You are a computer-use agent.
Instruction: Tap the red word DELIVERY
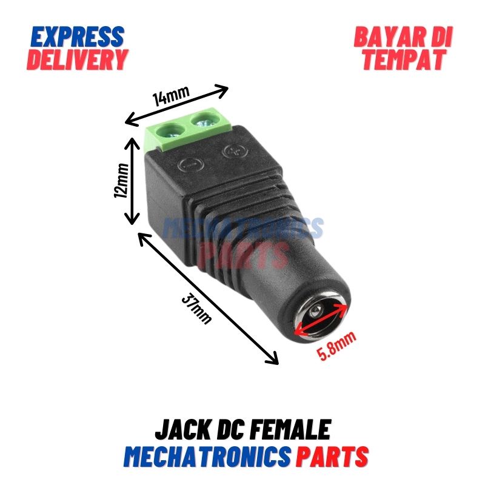pyautogui.click(x=78, y=59)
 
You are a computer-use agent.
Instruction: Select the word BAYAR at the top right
pyautogui.click(x=390, y=37)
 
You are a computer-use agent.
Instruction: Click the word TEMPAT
pyautogui.click(x=404, y=59)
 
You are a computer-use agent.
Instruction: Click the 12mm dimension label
pyautogui.click(x=121, y=181)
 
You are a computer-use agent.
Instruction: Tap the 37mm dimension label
pyautogui.click(x=196, y=308)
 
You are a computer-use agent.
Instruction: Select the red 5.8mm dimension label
pyautogui.click(x=337, y=346)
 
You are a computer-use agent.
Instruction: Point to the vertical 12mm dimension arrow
pyautogui.click(x=132, y=181)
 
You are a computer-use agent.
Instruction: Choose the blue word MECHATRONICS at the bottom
pyautogui.click(x=207, y=457)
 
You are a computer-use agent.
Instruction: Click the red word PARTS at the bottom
pyautogui.click(x=332, y=457)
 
